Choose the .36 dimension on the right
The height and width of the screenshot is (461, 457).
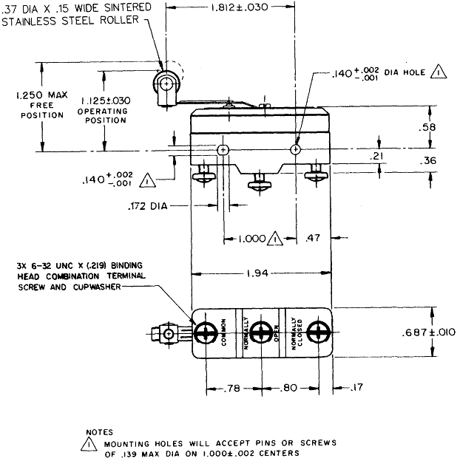(x=427, y=160)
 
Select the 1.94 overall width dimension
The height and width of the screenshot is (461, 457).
(x=261, y=274)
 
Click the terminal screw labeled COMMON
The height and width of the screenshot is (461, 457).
(x=204, y=333)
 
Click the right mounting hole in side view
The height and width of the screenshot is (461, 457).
(x=296, y=150)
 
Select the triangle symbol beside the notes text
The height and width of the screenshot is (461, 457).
(x=89, y=445)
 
